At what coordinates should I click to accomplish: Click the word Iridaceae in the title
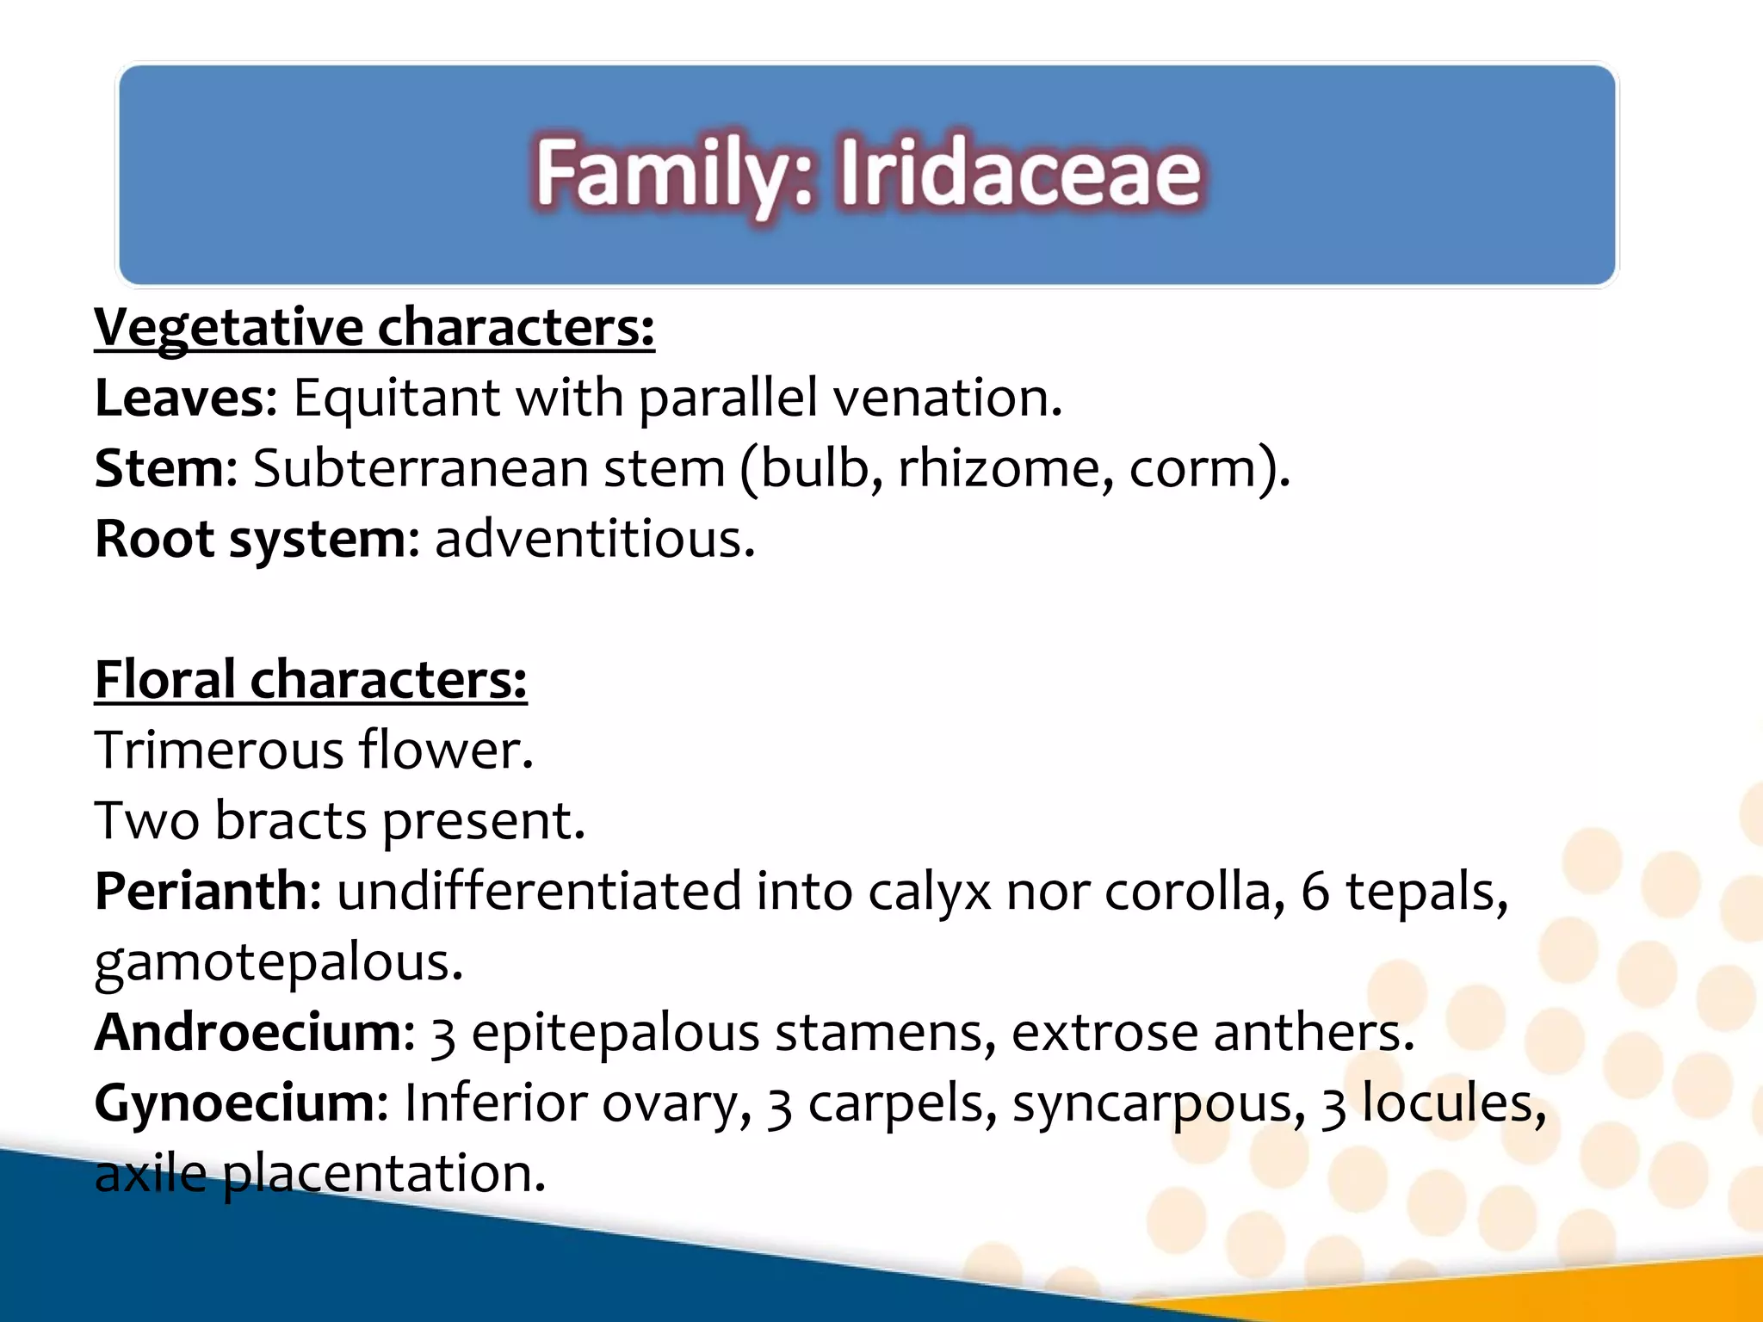coord(1020,174)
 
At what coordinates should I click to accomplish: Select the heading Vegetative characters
coord(374,328)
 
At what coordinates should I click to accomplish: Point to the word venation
coord(948,398)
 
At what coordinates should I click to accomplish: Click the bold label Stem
coord(158,469)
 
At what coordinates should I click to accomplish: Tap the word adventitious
coord(594,540)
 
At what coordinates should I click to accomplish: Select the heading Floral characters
coord(310,680)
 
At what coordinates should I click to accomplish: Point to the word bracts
coord(291,820)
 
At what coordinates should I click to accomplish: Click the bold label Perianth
coord(200,891)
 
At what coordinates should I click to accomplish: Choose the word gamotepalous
coord(278,962)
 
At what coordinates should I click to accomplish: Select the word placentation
coord(384,1173)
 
